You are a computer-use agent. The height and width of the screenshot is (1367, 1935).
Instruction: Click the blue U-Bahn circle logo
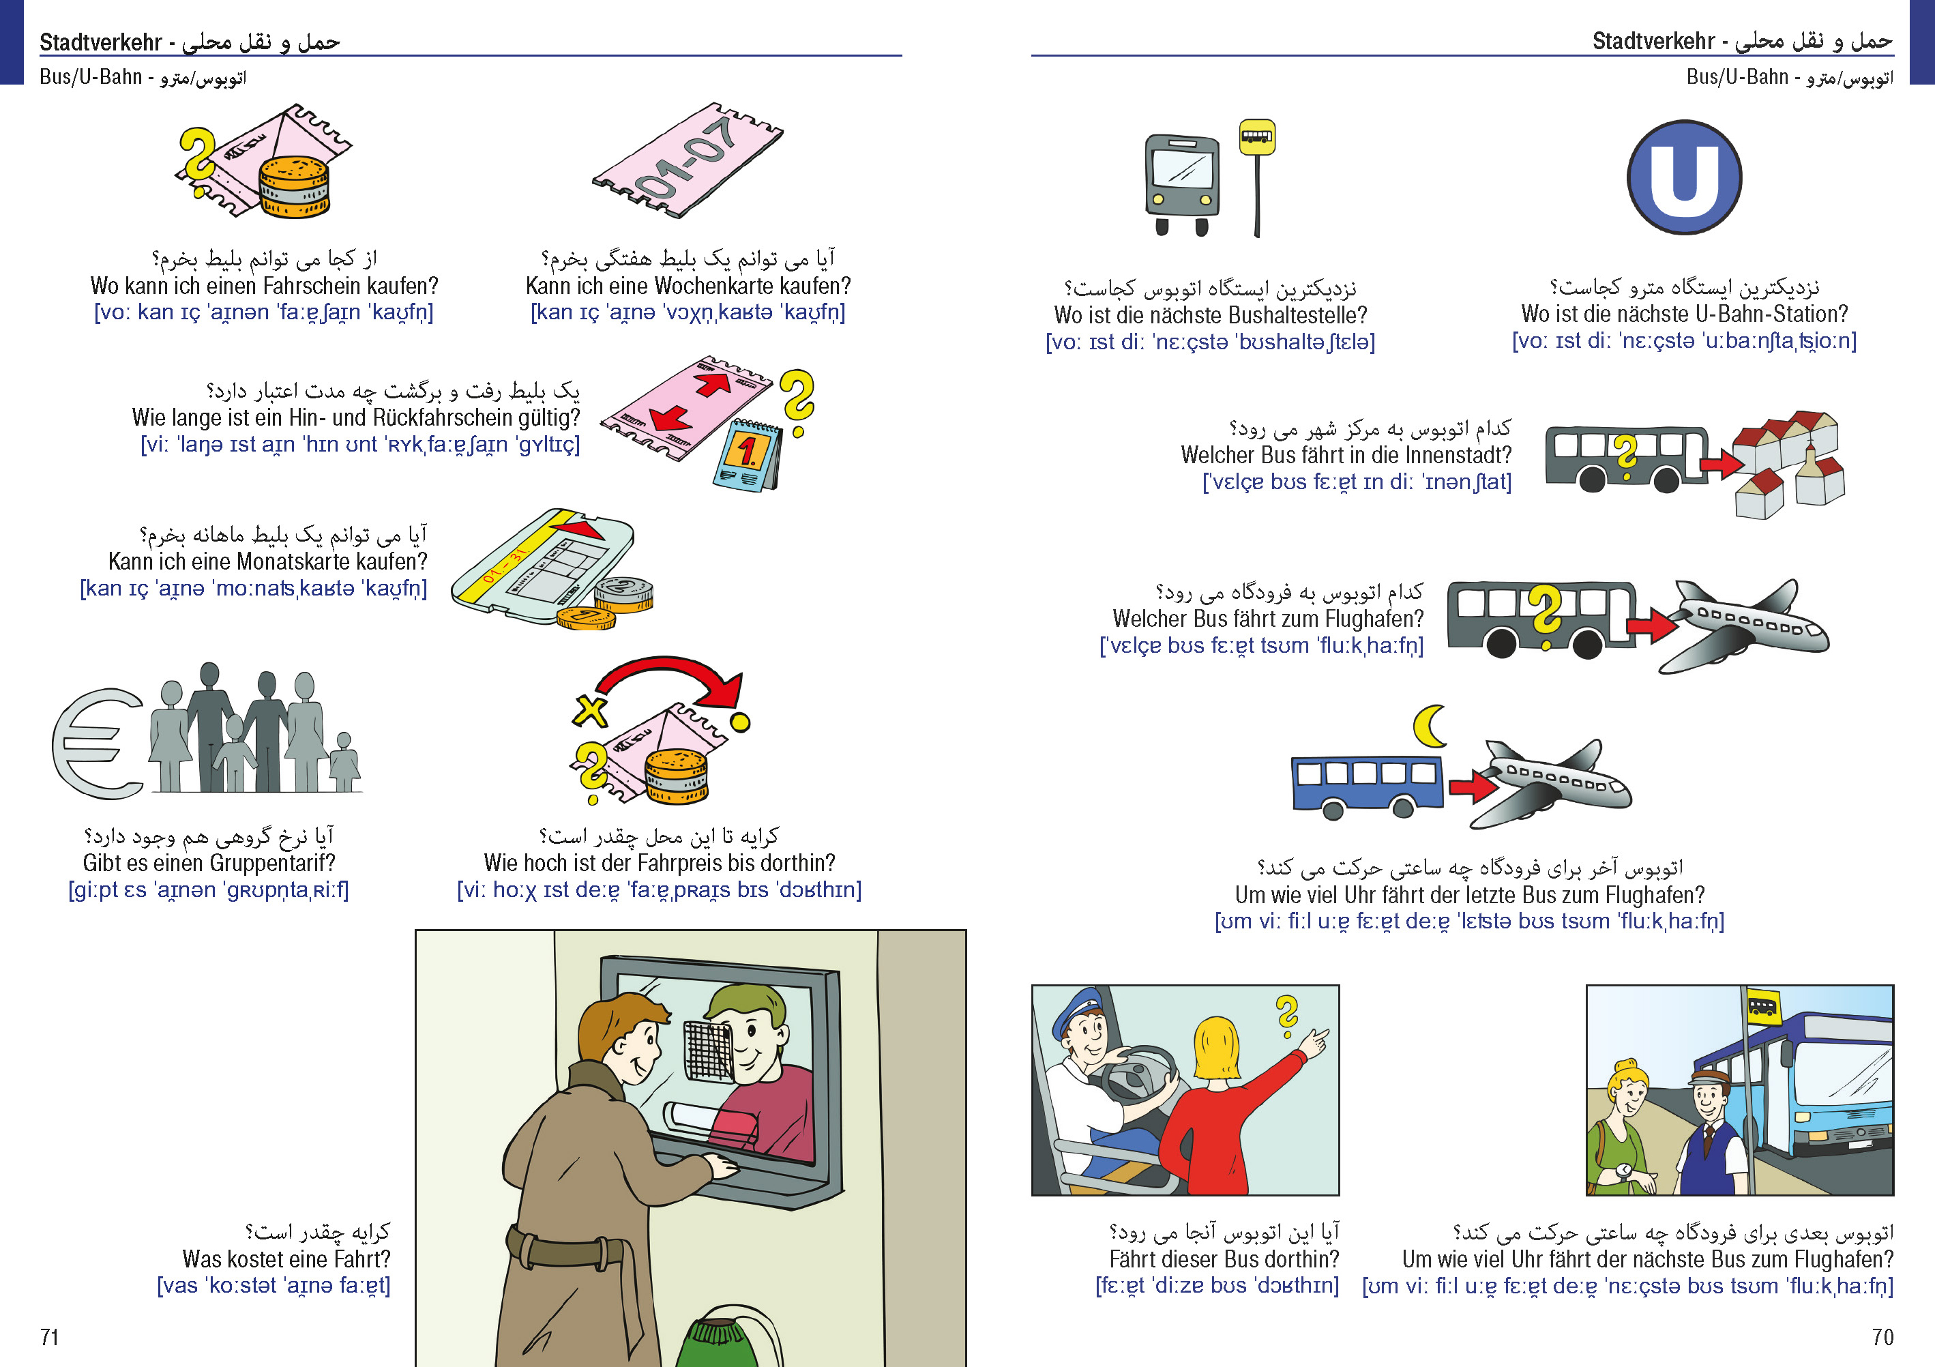point(1684,178)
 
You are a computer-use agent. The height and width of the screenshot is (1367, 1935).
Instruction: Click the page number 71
point(50,1338)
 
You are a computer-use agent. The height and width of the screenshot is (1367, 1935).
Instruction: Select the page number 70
point(1882,1338)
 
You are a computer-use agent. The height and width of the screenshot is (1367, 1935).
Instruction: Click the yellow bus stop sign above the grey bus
point(1256,137)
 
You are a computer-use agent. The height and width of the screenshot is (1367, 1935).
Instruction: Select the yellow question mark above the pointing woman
point(1287,1016)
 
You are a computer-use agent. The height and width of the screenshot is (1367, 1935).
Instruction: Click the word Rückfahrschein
point(468,418)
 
